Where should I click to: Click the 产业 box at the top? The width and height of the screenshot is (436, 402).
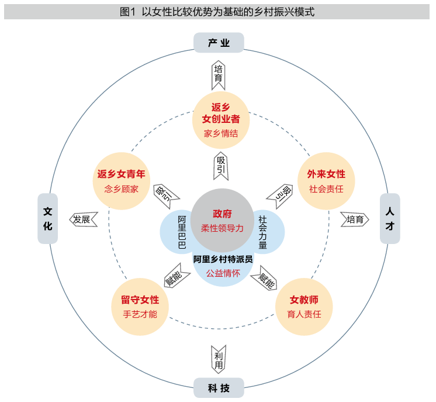tap(218, 43)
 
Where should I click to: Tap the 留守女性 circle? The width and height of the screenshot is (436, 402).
tap(140, 307)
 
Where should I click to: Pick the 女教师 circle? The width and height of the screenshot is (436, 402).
tap(304, 307)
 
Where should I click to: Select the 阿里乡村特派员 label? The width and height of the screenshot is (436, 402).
tap(223, 259)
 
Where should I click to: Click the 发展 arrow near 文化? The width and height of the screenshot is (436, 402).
tap(82, 219)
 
